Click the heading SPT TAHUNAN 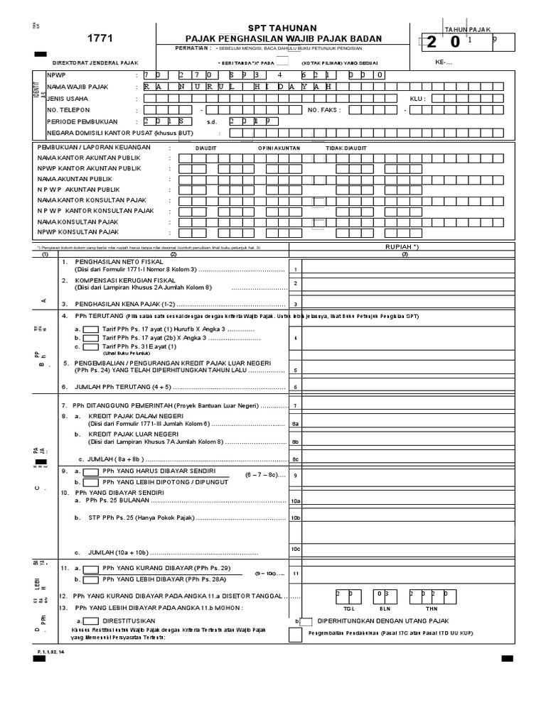(x=283, y=26)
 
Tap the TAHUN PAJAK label (x=463, y=29)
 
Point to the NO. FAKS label (x=323, y=110)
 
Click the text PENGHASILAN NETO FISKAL (x=124, y=262)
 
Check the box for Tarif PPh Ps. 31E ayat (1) (x=91, y=347)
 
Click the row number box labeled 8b (x=296, y=442)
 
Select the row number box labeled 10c (x=296, y=548)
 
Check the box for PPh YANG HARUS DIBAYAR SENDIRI (x=91, y=471)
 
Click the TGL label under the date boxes (x=348, y=608)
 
